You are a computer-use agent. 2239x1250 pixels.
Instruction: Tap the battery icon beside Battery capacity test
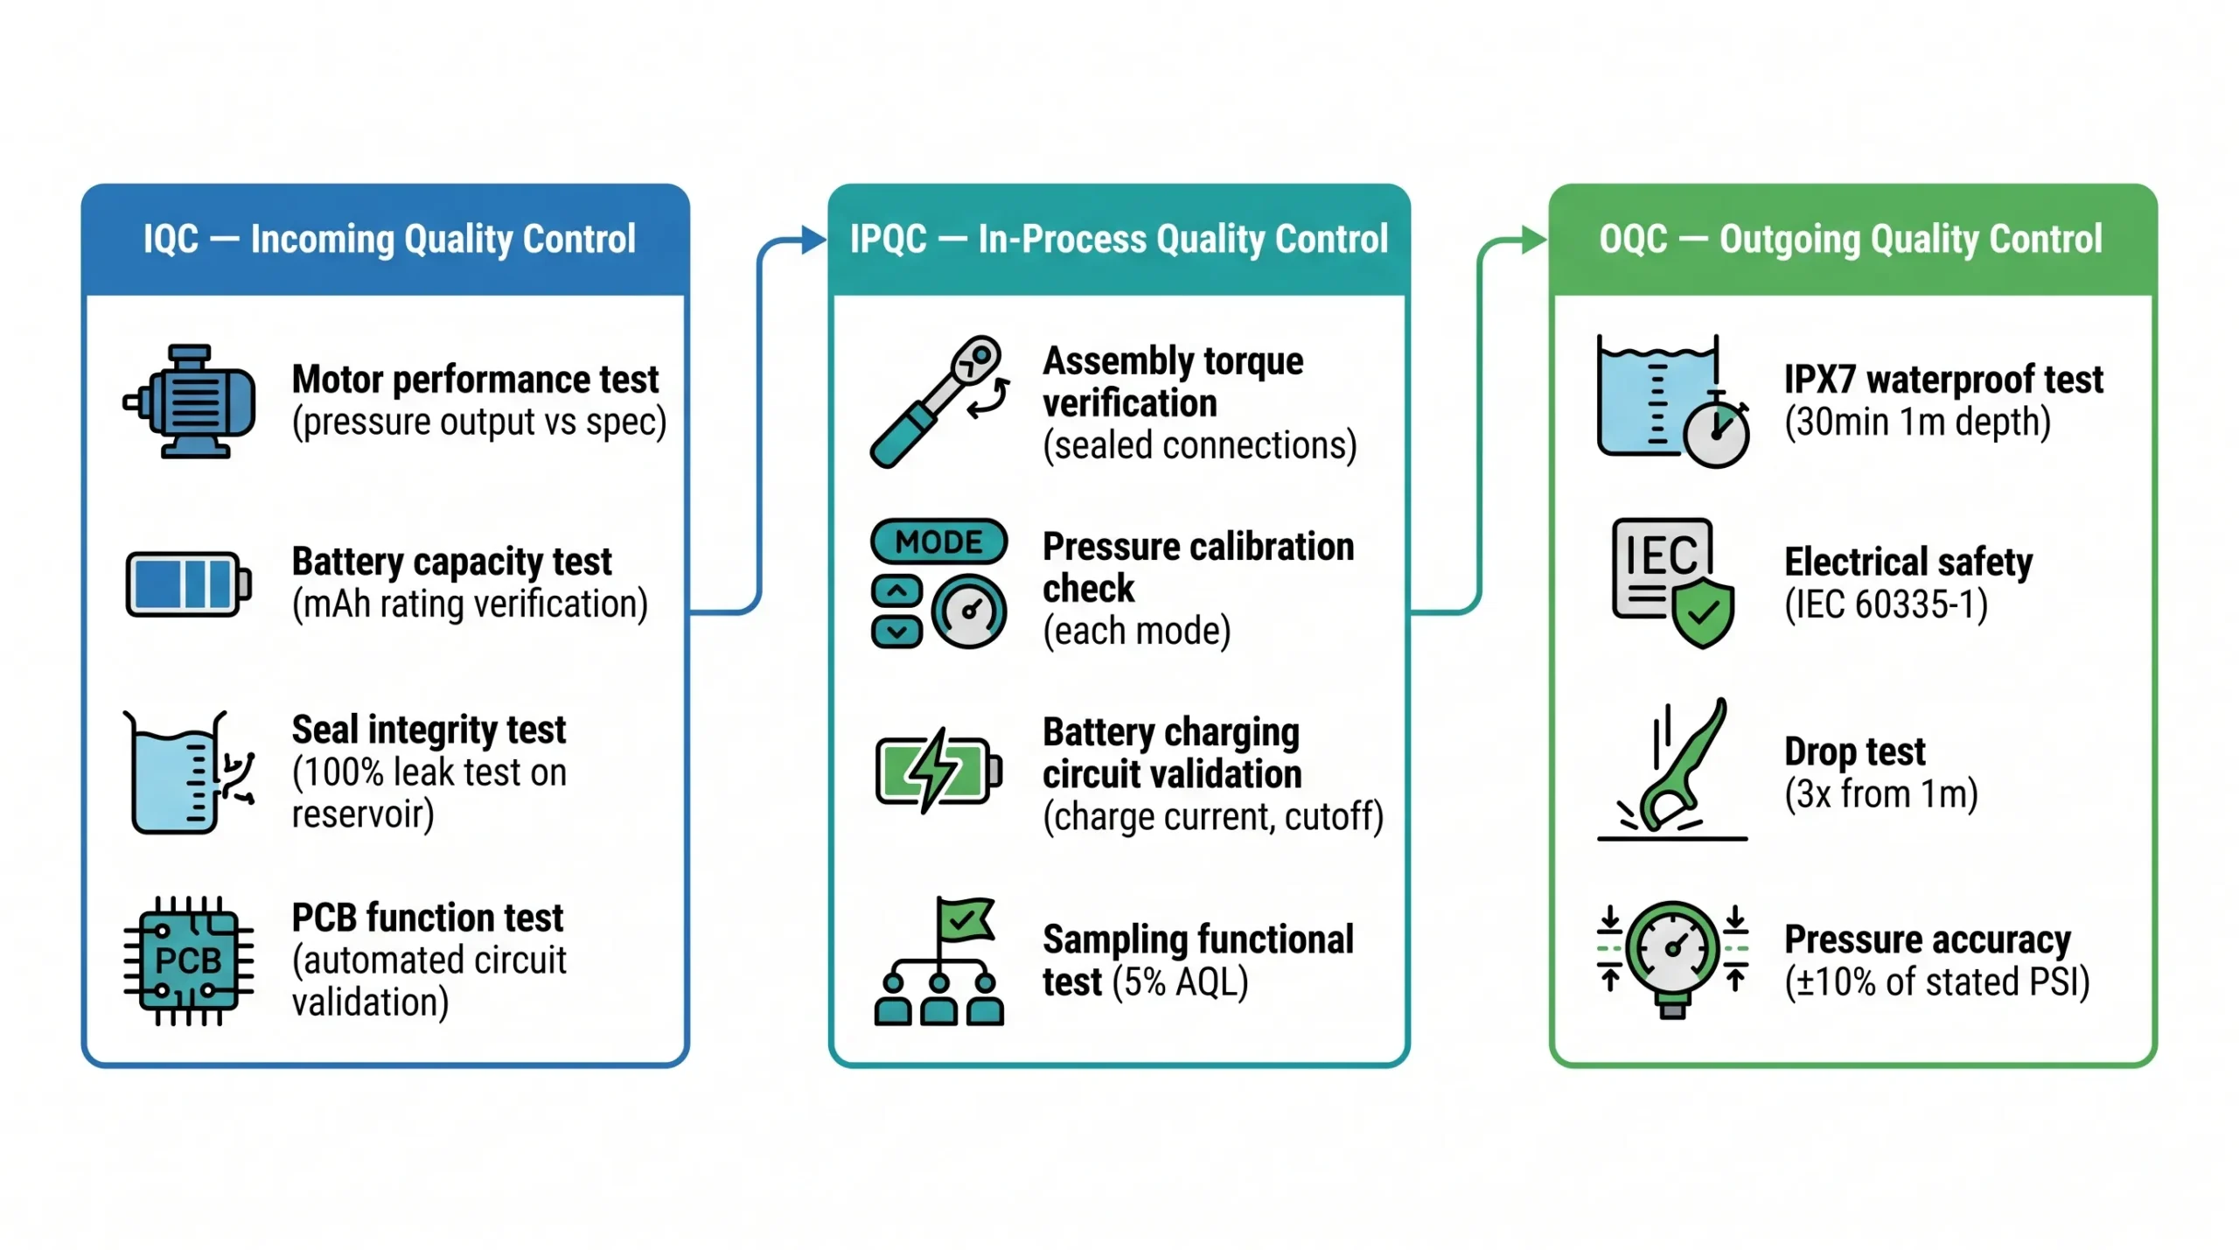point(188,583)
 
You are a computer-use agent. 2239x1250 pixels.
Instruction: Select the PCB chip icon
point(188,960)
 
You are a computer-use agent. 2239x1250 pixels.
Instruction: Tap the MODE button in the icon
point(938,541)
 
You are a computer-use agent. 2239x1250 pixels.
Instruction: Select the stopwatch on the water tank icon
point(1716,433)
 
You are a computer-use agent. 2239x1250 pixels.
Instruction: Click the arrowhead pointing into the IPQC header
point(813,239)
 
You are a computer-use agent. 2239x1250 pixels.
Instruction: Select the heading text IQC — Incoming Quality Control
point(389,239)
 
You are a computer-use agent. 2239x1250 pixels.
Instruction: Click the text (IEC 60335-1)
point(1886,604)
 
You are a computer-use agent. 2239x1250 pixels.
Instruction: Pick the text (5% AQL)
point(1180,981)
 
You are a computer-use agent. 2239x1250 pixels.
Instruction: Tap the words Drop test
point(1854,751)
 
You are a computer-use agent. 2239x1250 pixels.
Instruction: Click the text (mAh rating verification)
point(470,604)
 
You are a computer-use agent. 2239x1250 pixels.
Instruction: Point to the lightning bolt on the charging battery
point(933,769)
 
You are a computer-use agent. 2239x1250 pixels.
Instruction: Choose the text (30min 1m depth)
point(1916,422)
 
